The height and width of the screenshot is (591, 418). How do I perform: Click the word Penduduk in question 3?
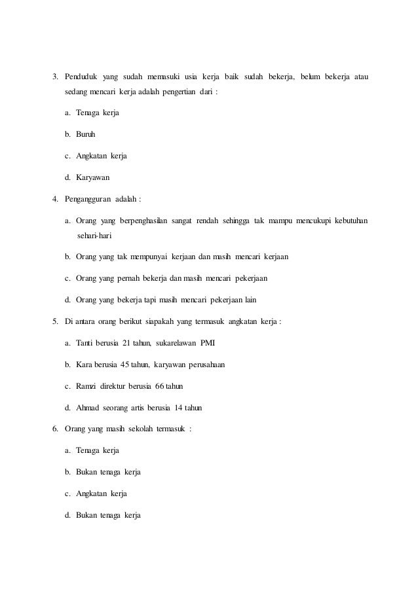pyautogui.click(x=81, y=80)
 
